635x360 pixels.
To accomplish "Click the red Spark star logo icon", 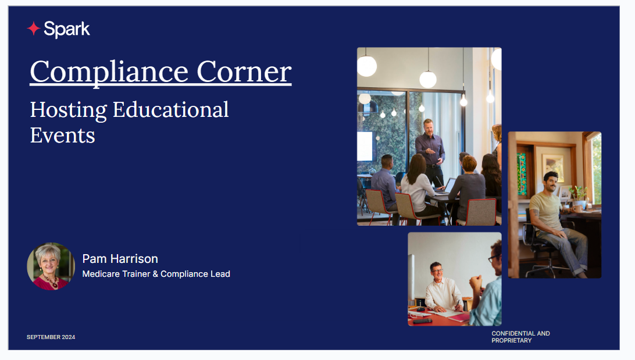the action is coord(33,28).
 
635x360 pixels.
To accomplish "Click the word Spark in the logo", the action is coord(67,29).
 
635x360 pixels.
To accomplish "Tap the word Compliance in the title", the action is coord(109,72).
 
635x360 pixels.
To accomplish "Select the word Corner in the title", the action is coord(244,72).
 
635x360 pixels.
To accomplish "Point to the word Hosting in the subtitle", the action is coord(69,110).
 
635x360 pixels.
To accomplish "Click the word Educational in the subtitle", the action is coord(170,109).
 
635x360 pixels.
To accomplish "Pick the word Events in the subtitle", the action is coord(62,136).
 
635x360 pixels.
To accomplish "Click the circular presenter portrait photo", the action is coord(51,266).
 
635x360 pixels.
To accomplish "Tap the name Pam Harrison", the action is coord(120,259).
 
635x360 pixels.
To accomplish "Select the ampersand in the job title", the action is coord(155,274).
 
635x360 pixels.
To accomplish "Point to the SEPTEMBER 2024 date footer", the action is coord(51,337).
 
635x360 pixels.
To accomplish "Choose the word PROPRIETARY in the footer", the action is coord(512,341).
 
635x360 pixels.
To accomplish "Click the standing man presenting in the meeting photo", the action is coord(430,152).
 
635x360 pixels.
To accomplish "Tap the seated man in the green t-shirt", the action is coord(557,223).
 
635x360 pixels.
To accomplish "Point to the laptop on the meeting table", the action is coord(445,187).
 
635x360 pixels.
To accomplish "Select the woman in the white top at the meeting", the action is coord(418,186).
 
